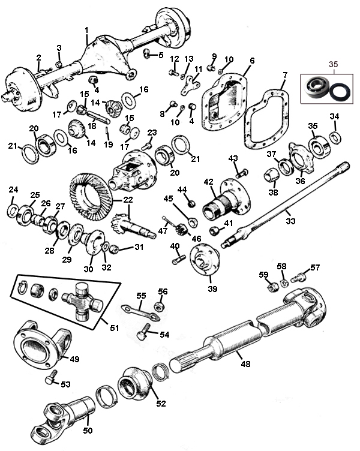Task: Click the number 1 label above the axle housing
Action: click(86, 30)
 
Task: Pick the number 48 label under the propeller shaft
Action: click(245, 363)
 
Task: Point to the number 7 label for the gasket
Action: click(285, 74)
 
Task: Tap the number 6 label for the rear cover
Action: click(252, 61)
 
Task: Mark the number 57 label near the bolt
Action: click(315, 267)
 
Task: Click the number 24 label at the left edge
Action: click(14, 190)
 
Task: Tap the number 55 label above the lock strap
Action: click(141, 296)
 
